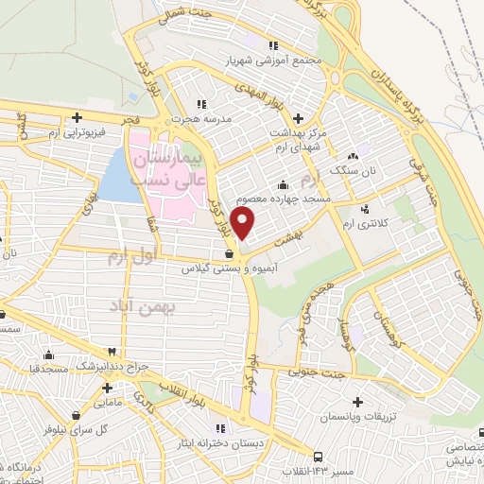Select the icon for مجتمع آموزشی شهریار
pyautogui.click(x=273, y=44)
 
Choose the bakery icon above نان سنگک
pyautogui.click(x=353, y=155)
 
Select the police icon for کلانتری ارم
pyautogui.click(x=365, y=208)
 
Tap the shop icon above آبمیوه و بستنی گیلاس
pyautogui.click(x=230, y=253)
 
